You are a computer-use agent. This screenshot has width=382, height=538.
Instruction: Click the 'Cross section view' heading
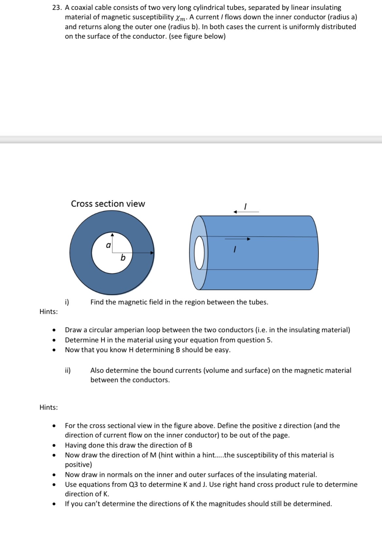[108, 204]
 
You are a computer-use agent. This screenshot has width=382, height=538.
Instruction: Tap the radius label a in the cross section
[108, 245]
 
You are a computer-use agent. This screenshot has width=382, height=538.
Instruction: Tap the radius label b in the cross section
[123, 258]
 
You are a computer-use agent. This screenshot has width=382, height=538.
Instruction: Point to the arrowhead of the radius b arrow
[152, 252]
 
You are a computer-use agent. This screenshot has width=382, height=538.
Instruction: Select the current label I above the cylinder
[245, 206]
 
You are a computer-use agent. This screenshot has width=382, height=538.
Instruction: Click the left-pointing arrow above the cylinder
[245, 212]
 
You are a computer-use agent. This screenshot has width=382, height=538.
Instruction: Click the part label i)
[67, 302]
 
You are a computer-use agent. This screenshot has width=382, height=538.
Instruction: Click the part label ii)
[68, 370]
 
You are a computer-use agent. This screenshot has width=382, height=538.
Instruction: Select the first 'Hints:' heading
[49, 311]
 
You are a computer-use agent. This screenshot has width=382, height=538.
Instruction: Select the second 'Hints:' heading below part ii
[49, 407]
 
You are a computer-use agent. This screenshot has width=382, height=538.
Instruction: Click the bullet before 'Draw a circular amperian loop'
[53, 330]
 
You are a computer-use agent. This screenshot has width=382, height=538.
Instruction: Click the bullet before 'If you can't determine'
[53, 504]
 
